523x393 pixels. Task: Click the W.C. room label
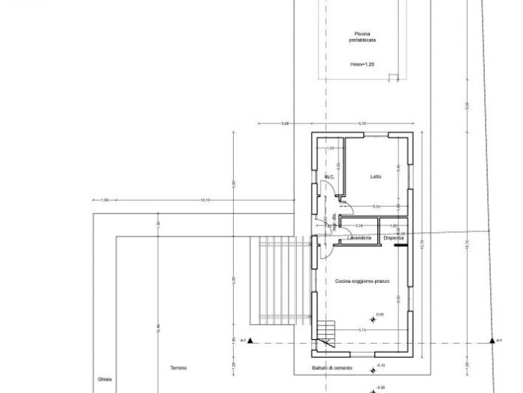pos(328,177)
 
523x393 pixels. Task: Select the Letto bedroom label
pos(376,177)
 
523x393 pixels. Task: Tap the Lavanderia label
pos(359,238)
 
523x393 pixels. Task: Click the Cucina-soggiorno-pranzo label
pos(362,281)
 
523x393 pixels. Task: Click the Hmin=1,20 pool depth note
pos(362,65)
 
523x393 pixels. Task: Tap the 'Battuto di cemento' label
pos(331,368)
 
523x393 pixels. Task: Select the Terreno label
pos(177,368)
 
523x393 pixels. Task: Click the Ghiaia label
pos(104,380)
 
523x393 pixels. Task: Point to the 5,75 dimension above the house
pos(362,123)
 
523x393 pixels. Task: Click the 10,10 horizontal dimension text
pos(205,200)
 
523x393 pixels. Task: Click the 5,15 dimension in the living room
pos(362,330)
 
